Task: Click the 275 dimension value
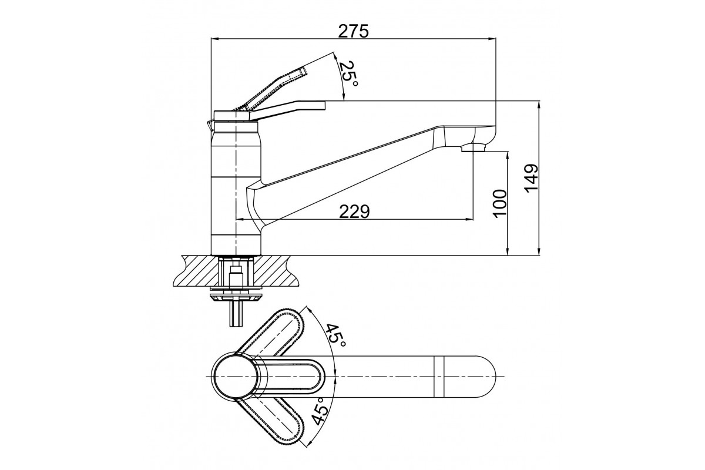point(353,31)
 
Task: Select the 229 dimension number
point(354,211)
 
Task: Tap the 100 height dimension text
point(500,203)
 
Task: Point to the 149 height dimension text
point(532,177)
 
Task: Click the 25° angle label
point(348,75)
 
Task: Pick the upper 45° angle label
point(335,335)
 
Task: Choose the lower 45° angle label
point(320,411)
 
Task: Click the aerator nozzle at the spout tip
point(473,147)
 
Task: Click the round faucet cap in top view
point(236,377)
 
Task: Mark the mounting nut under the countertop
point(236,297)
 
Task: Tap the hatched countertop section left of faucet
point(196,271)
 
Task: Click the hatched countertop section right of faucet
point(276,271)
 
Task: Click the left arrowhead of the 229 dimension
point(240,219)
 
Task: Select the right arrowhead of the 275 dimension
point(492,39)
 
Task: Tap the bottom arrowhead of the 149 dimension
point(539,251)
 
